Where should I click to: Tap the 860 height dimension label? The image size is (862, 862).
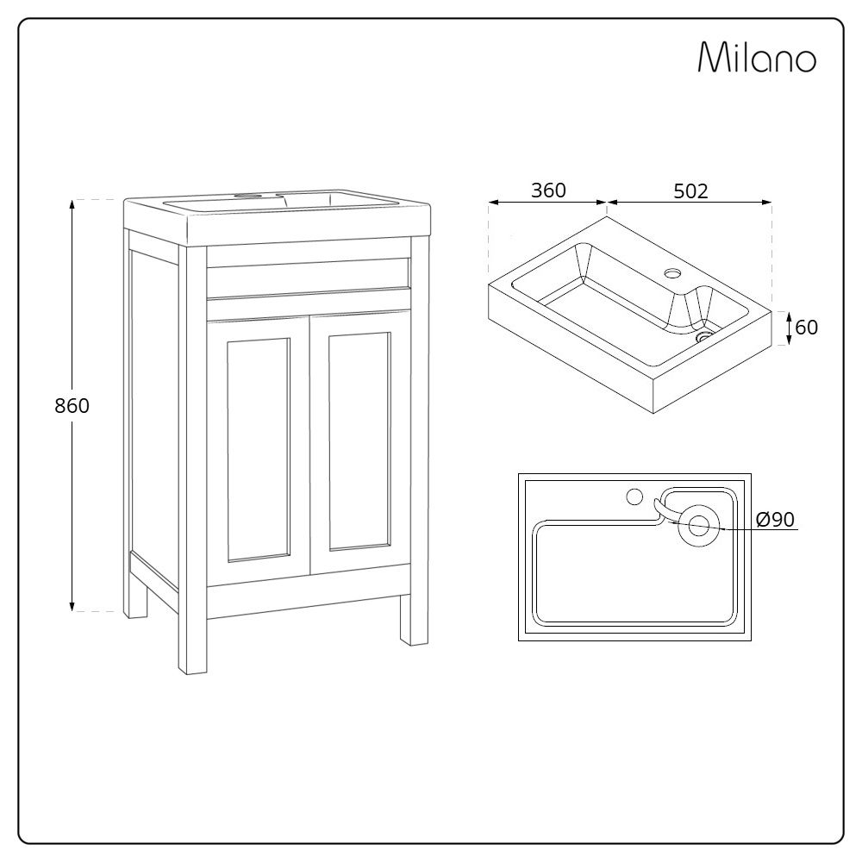[x=72, y=406]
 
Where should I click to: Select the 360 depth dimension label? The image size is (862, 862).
[x=548, y=191]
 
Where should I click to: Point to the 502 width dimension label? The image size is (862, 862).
[x=690, y=191]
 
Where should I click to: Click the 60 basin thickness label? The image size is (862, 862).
[x=807, y=328]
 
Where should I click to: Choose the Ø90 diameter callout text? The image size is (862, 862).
[x=774, y=520]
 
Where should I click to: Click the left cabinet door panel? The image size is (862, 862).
[x=258, y=449]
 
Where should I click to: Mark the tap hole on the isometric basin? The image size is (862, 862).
[x=672, y=275]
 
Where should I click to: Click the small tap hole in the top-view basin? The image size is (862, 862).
[x=634, y=497]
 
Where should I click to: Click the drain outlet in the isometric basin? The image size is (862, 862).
[x=705, y=337]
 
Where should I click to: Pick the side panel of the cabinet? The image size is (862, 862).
[x=153, y=405]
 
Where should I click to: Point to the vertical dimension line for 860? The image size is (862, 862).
[x=72, y=517]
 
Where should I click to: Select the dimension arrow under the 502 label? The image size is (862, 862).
[x=690, y=204]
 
